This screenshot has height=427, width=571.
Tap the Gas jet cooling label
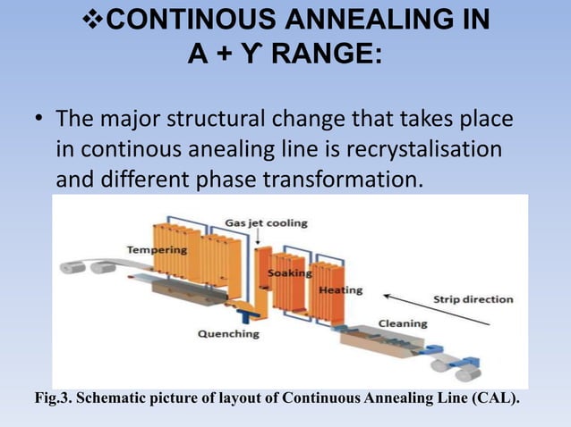(x=267, y=222)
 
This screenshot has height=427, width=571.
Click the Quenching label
(x=227, y=333)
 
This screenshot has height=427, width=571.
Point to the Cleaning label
(x=403, y=322)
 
